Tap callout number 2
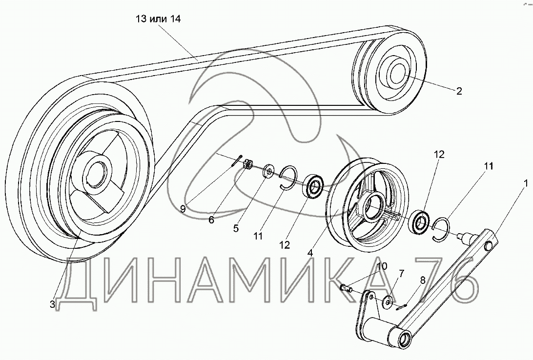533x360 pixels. (x=458, y=90)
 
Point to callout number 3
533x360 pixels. (x=52, y=304)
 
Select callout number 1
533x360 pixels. (x=525, y=184)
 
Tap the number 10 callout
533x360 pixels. (x=382, y=266)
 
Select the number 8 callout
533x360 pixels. (x=423, y=280)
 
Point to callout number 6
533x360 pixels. (x=211, y=220)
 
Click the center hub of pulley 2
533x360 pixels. (x=398, y=74)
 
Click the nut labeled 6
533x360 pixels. (x=247, y=165)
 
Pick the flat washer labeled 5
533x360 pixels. (x=267, y=172)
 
